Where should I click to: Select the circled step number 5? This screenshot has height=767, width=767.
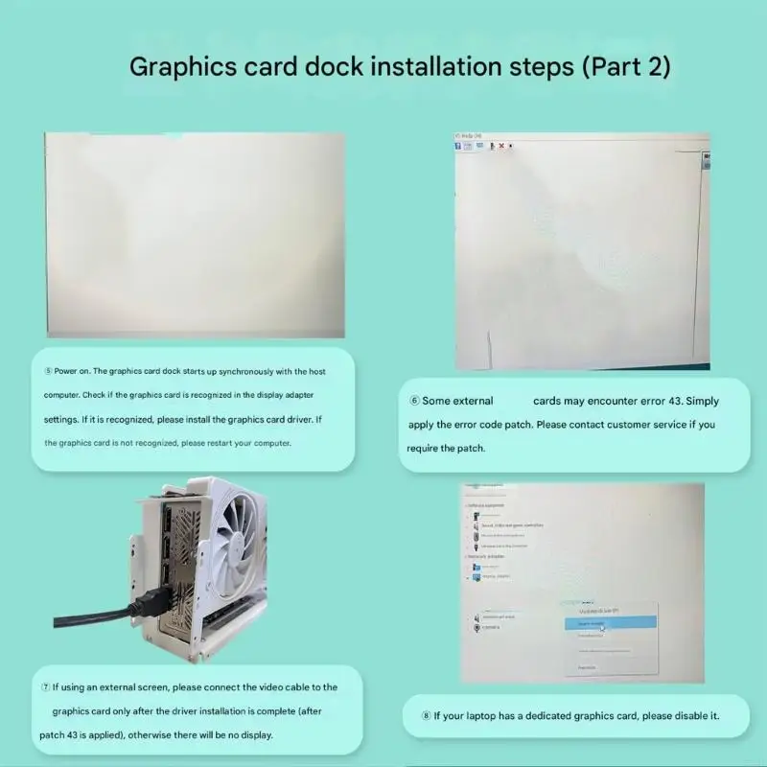point(48,370)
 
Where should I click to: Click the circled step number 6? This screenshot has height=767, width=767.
point(414,401)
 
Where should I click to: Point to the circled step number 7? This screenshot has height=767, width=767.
point(45,686)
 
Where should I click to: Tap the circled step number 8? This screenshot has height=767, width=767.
point(426,715)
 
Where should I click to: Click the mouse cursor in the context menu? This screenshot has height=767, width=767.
point(603,628)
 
